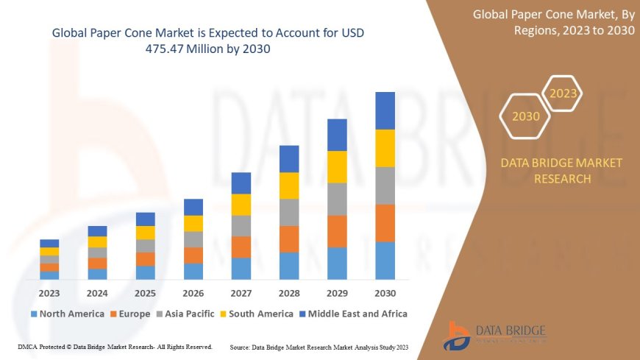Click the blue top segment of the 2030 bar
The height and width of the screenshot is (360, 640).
point(385,110)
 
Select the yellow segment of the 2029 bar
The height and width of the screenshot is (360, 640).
point(337,166)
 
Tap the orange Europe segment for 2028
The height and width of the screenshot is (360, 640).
point(289,239)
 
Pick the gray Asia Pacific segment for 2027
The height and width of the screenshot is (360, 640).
point(241,225)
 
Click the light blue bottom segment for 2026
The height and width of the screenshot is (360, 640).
point(193,271)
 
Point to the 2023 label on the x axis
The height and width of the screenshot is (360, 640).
point(49,292)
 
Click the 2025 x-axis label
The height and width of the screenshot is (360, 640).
point(145,292)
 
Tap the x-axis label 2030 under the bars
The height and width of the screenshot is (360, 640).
point(385,292)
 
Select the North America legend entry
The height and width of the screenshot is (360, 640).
point(67,314)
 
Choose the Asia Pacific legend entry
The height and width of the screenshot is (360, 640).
point(187,314)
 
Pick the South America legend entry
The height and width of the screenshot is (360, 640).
point(255,314)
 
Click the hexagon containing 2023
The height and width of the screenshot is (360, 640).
point(563,93)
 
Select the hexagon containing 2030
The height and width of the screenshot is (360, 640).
point(525,116)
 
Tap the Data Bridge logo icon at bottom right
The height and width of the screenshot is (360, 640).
point(458,336)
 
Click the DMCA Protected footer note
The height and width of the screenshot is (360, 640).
point(115,346)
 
